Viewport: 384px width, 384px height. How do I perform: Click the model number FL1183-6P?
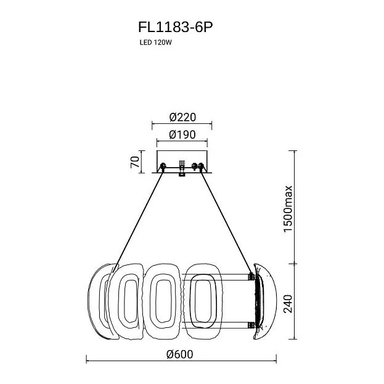[x=175, y=27]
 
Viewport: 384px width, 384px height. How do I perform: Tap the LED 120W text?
[x=156, y=43]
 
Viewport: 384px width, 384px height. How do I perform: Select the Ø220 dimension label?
[x=182, y=117]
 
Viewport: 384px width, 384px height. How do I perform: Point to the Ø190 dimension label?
[x=182, y=134]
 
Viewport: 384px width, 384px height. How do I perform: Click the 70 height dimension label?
[x=135, y=162]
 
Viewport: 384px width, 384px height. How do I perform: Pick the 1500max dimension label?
[x=288, y=208]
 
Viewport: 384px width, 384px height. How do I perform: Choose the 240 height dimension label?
[x=288, y=304]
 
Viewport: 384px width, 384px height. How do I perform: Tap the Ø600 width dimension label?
[x=180, y=354]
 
